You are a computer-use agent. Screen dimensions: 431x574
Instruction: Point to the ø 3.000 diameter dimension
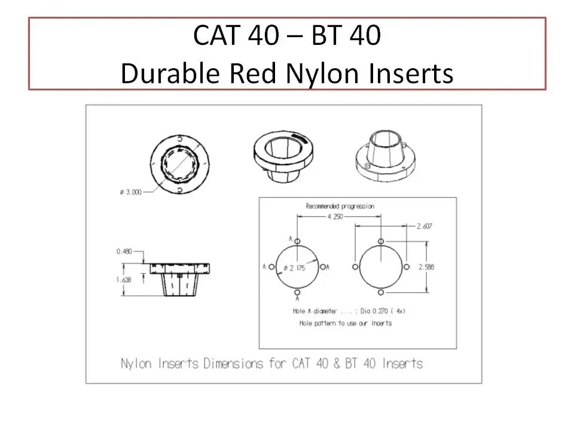(130, 192)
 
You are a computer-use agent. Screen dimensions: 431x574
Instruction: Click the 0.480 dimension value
(124, 252)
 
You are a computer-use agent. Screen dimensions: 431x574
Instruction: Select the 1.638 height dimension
(124, 280)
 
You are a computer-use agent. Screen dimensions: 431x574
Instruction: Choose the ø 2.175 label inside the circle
(295, 268)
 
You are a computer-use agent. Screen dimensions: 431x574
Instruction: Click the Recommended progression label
(340, 206)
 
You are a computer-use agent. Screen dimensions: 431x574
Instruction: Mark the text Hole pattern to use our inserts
(345, 323)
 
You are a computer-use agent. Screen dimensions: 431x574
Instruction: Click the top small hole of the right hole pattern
(381, 241)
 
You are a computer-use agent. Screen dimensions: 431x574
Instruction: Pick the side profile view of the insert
(180, 278)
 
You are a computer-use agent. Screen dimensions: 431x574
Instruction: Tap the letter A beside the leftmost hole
(264, 266)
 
